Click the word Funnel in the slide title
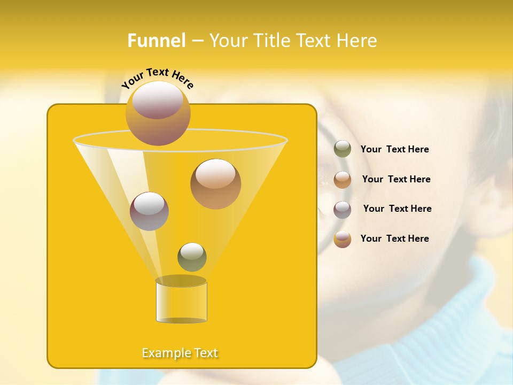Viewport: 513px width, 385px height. (x=157, y=41)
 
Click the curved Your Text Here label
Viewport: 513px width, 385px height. (x=158, y=78)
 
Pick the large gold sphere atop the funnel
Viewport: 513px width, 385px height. (x=158, y=113)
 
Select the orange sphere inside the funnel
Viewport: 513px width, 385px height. (x=215, y=183)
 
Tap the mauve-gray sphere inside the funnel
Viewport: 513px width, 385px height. (x=149, y=211)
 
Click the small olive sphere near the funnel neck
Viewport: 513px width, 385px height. (x=192, y=257)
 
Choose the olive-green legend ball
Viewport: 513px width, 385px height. (x=343, y=149)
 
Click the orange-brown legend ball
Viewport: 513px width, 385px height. (x=343, y=180)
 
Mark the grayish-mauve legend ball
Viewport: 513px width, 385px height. (x=343, y=210)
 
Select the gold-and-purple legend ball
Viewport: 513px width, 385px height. (x=343, y=239)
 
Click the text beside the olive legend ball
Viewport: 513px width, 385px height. (x=394, y=149)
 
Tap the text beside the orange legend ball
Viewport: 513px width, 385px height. (x=396, y=179)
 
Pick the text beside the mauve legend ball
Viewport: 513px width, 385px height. (x=397, y=209)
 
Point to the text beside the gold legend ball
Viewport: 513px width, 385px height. (x=394, y=238)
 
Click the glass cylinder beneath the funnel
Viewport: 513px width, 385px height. (x=181, y=301)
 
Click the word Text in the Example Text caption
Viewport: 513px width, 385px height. (x=205, y=353)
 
